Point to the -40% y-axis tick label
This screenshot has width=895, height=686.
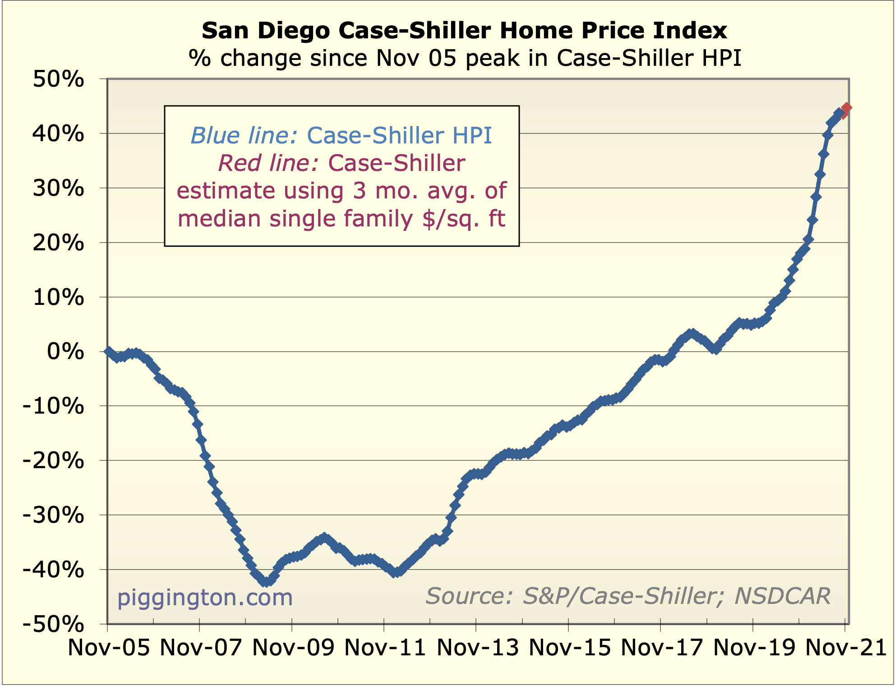[53, 570]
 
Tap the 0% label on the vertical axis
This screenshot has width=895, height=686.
[65, 352]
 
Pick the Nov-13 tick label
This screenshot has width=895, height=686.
[478, 648]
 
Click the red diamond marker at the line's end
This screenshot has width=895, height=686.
[846, 108]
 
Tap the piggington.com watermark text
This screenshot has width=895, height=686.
[205, 598]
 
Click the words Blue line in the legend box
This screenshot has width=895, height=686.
[244, 135]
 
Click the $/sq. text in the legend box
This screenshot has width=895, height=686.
[452, 219]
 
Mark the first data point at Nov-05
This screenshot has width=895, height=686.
[108, 351]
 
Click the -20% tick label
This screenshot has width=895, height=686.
[53, 461]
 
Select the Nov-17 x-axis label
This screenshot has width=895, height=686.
[662, 648]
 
